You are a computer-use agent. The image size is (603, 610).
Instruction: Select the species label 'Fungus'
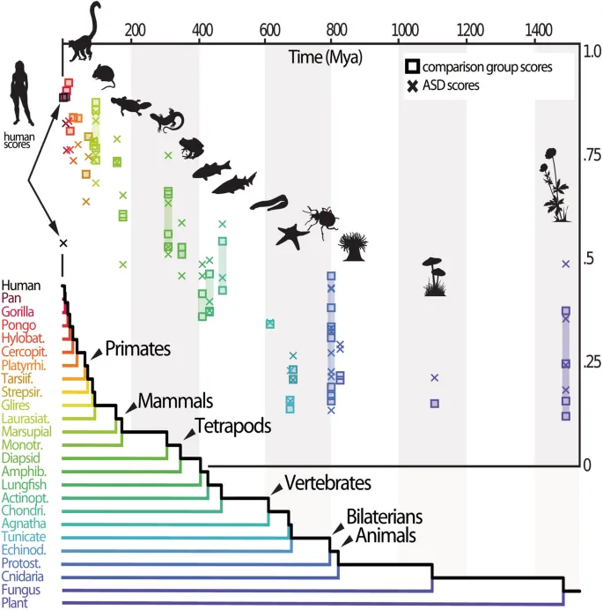click(19, 589)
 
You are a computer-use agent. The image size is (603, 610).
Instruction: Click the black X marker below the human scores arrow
click(63, 243)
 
